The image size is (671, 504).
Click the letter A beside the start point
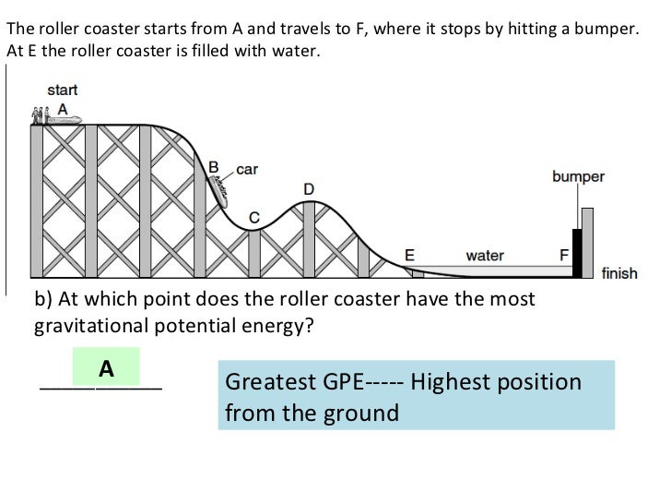(63, 108)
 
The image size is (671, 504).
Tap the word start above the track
(62, 90)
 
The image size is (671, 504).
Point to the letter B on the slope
(214, 167)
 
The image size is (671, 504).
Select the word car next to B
(247, 169)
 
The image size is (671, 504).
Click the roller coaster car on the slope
(219, 186)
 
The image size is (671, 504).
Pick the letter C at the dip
(255, 217)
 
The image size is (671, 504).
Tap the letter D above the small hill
(310, 188)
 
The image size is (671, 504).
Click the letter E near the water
(410, 254)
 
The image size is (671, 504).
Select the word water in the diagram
(485, 254)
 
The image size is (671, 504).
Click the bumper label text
(578, 176)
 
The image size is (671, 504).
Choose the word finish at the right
(618, 273)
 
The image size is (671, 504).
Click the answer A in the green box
(106, 369)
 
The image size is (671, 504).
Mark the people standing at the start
(38, 115)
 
